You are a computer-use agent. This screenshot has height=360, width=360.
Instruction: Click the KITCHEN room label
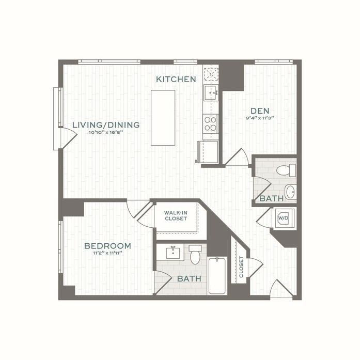176,79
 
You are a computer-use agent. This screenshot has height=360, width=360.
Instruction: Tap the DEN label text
260,111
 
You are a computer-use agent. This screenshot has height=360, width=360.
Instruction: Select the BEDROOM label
107,246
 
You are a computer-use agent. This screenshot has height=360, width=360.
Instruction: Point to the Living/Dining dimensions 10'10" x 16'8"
106,132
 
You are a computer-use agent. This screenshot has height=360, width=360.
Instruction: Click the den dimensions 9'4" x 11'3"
260,118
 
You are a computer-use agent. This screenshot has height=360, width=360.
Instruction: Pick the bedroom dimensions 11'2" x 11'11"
107,253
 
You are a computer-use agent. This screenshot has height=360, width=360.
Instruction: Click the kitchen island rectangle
163,118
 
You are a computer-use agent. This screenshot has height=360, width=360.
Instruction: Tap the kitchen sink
211,92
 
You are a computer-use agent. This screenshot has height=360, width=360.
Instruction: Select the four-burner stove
211,123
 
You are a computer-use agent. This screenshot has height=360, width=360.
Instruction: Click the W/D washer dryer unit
283,218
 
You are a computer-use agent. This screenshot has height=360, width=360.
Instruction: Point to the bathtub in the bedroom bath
217,275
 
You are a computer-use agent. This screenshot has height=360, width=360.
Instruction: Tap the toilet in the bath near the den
286,170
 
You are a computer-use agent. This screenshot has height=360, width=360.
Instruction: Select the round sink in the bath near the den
290,192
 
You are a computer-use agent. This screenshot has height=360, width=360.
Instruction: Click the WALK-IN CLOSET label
176,216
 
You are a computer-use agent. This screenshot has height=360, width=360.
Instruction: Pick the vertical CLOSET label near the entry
241,267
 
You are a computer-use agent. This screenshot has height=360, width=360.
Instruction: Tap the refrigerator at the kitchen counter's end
209,152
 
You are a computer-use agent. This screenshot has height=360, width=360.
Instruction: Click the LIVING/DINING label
106,125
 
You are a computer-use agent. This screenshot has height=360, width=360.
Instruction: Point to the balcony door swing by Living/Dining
68,139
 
